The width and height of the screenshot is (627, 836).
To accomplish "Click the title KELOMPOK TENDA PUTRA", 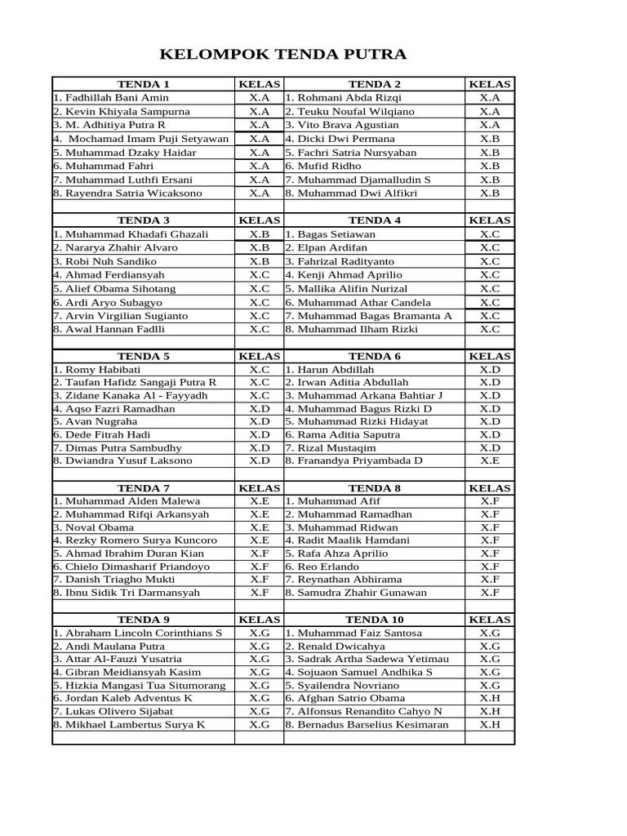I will click(282, 56).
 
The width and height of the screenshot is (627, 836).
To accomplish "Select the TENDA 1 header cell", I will click(143, 84).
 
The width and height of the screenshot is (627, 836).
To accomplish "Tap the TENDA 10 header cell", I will click(374, 620).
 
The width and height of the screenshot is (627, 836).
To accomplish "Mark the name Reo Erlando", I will click(327, 567).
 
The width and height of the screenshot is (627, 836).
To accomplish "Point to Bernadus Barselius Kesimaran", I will click(372, 724).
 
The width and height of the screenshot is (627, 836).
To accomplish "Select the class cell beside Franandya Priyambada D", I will click(490, 460).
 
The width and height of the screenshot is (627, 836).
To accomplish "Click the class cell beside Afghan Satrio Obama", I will click(490, 698).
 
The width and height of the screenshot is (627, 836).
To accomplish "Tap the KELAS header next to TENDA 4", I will click(490, 220).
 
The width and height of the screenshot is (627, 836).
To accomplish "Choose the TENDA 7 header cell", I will click(143, 487).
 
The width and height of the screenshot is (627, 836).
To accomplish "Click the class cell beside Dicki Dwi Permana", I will click(490, 139).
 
